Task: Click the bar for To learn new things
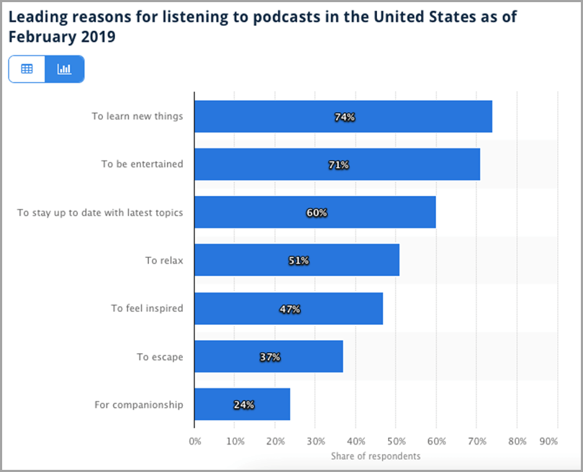(x=343, y=117)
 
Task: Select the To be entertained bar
(x=337, y=164)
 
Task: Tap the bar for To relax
(x=297, y=260)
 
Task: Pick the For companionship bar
(x=242, y=404)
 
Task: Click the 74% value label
(x=345, y=117)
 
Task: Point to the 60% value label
(x=316, y=213)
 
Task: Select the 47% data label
(x=290, y=309)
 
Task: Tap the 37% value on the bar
(x=270, y=357)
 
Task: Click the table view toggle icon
(x=27, y=69)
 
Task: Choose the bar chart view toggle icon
(x=65, y=69)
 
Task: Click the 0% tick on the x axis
(x=195, y=441)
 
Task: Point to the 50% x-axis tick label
(x=396, y=441)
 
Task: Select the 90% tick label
(x=548, y=441)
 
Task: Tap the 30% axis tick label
(x=315, y=441)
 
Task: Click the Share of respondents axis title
(x=375, y=456)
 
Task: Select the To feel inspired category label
(x=147, y=308)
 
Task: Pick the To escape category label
(x=160, y=357)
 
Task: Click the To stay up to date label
(x=100, y=213)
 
